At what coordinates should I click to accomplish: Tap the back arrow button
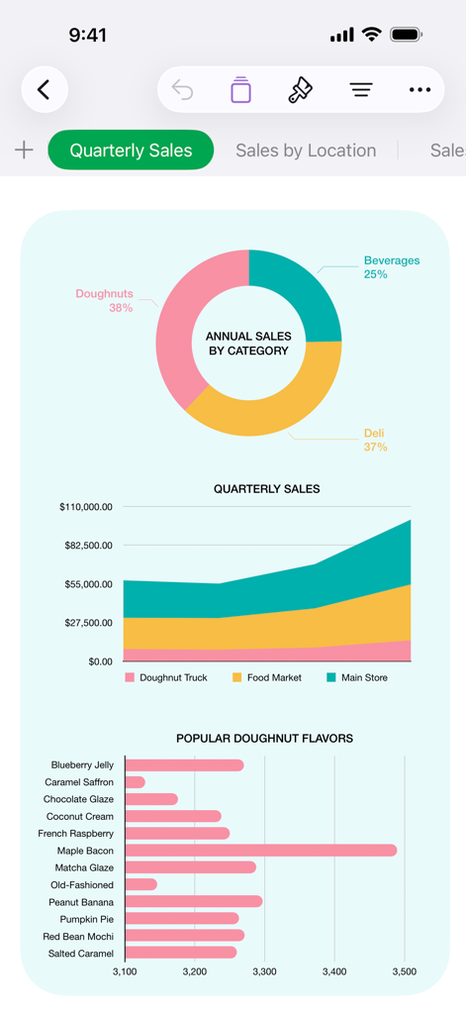pyautogui.click(x=45, y=90)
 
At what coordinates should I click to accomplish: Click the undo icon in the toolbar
pyautogui.click(x=183, y=90)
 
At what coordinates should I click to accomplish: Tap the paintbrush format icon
pyautogui.click(x=300, y=90)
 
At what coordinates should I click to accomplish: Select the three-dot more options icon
pyautogui.click(x=419, y=90)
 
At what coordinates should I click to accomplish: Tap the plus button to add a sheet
pyautogui.click(x=24, y=151)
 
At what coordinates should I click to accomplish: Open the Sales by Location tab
pyautogui.click(x=306, y=151)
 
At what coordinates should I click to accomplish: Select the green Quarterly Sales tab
pyautogui.click(x=131, y=151)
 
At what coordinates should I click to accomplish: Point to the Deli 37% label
pyautogui.click(x=375, y=441)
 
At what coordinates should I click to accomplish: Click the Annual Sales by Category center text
pyautogui.click(x=248, y=344)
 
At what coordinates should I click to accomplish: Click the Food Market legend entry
pyautogui.click(x=273, y=678)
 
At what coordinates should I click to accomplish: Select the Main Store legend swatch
pyautogui.click(x=331, y=678)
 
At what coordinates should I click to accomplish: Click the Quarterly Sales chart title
pyautogui.click(x=266, y=489)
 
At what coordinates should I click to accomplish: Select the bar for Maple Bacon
pyautogui.click(x=260, y=851)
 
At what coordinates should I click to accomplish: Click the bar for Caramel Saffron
pyautogui.click(x=135, y=782)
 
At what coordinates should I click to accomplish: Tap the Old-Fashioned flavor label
pyautogui.click(x=82, y=885)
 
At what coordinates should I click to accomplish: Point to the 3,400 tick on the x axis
pyautogui.click(x=334, y=972)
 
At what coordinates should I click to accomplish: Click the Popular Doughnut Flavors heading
pyautogui.click(x=264, y=739)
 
